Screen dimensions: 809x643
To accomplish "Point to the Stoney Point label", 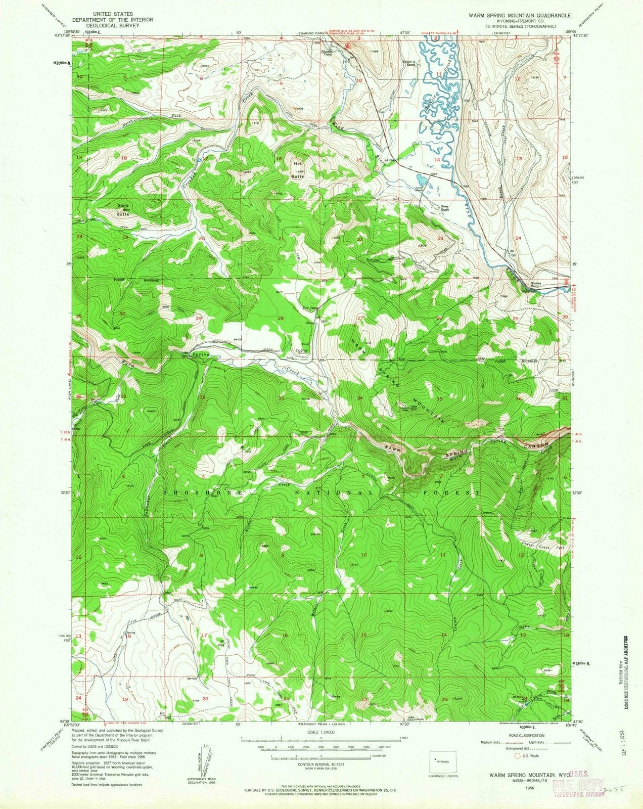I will (536, 285).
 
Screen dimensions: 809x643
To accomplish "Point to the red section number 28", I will (281, 318).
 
